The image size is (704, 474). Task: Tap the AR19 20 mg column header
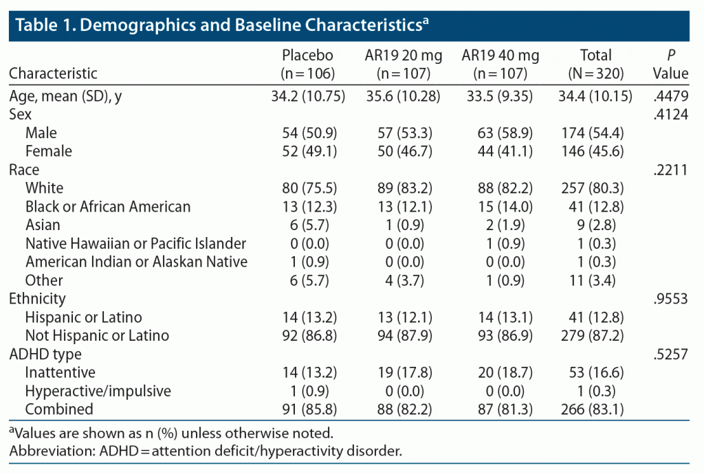click(404, 64)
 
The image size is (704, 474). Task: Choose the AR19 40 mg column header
click(500, 64)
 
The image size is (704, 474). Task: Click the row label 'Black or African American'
click(108, 206)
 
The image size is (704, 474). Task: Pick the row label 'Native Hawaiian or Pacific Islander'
click(135, 243)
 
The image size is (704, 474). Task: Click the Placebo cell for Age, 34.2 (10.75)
click(307, 95)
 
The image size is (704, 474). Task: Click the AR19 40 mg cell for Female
click(500, 150)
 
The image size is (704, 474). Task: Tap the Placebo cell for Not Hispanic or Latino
click(307, 335)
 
